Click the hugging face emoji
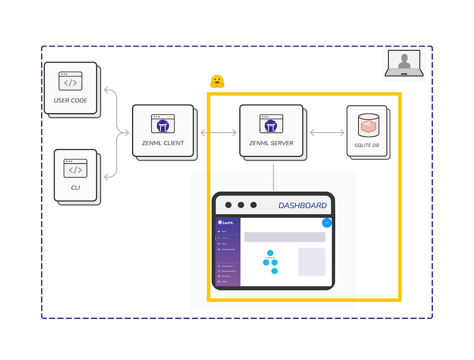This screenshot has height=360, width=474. tap(217, 81)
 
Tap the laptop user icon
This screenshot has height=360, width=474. tap(404, 63)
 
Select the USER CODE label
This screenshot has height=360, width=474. tap(70, 100)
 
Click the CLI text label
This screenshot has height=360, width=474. tap(75, 188)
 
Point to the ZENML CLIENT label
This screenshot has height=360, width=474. tap(163, 143)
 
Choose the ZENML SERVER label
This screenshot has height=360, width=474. tap(271, 143)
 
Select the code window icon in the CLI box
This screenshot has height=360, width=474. tap(75, 169)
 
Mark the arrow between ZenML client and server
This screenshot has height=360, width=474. tap(219, 133)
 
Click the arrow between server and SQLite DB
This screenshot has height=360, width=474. tap(327, 133)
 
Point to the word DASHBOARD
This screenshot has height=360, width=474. tap(302, 206)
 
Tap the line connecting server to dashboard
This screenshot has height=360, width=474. tap(273, 177)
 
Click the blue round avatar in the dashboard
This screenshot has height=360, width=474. tap(327, 222)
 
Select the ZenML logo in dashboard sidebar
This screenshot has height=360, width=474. tap(226, 222)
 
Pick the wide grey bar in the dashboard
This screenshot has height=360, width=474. tap(284, 237)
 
